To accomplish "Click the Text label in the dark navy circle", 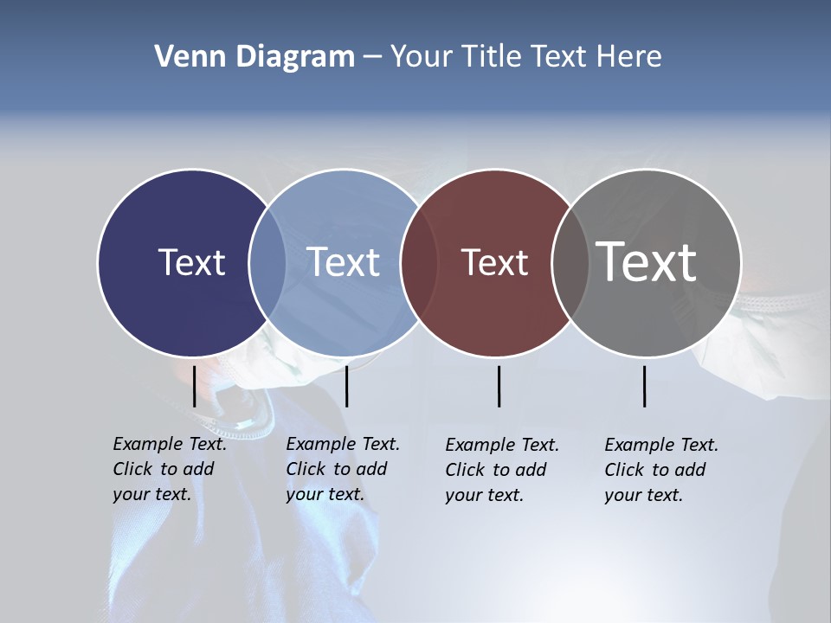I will click(x=191, y=262).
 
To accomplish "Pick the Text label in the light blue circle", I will click(x=344, y=262).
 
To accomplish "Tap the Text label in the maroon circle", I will click(x=494, y=262).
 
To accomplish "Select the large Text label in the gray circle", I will click(x=647, y=261).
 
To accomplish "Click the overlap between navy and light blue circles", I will click(x=267, y=263).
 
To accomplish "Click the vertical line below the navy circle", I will click(x=194, y=386).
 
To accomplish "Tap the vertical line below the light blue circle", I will click(x=346, y=386).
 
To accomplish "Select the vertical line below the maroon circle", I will click(x=499, y=386).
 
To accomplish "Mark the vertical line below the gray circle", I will click(x=644, y=386).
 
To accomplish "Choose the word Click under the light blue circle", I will click(x=306, y=469).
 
